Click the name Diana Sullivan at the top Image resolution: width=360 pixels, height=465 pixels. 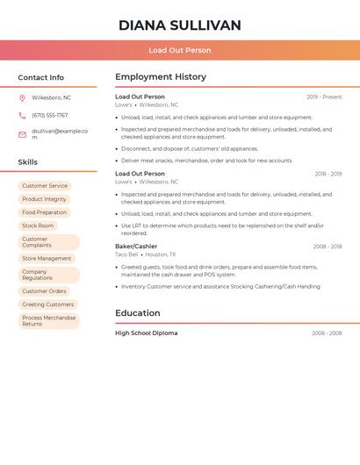tap(179, 25)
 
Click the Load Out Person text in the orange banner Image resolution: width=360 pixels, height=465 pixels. tap(179, 50)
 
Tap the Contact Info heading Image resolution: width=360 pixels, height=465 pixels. tap(41, 77)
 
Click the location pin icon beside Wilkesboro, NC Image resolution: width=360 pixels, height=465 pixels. tap(22, 97)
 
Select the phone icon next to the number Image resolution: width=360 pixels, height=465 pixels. tap(22, 115)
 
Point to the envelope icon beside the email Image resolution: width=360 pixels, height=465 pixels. tap(22, 134)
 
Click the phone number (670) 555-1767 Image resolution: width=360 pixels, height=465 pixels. tap(49, 115)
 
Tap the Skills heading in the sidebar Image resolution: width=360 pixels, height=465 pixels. tap(28, 162)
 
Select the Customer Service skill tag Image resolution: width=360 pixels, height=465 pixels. tap(45, 186)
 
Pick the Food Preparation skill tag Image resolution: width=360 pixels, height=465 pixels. tap(45, 212)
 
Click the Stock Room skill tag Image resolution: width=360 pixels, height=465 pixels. tap(38, 225)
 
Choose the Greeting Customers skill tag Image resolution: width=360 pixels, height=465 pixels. tap(48, 304)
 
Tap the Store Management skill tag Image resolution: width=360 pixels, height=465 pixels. tap(47, 258)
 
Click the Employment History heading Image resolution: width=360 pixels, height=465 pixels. tap(160, 77)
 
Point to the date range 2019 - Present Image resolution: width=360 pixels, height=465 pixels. tap(324, 97)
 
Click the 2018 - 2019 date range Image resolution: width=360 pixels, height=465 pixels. tap(328, 174)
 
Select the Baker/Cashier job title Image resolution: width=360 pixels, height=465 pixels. tap(136, 247)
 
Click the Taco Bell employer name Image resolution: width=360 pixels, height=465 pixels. tap(126, 254)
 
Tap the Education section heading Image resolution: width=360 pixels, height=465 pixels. tap(138, 313)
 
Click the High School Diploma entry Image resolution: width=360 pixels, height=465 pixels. tap(146, 333)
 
